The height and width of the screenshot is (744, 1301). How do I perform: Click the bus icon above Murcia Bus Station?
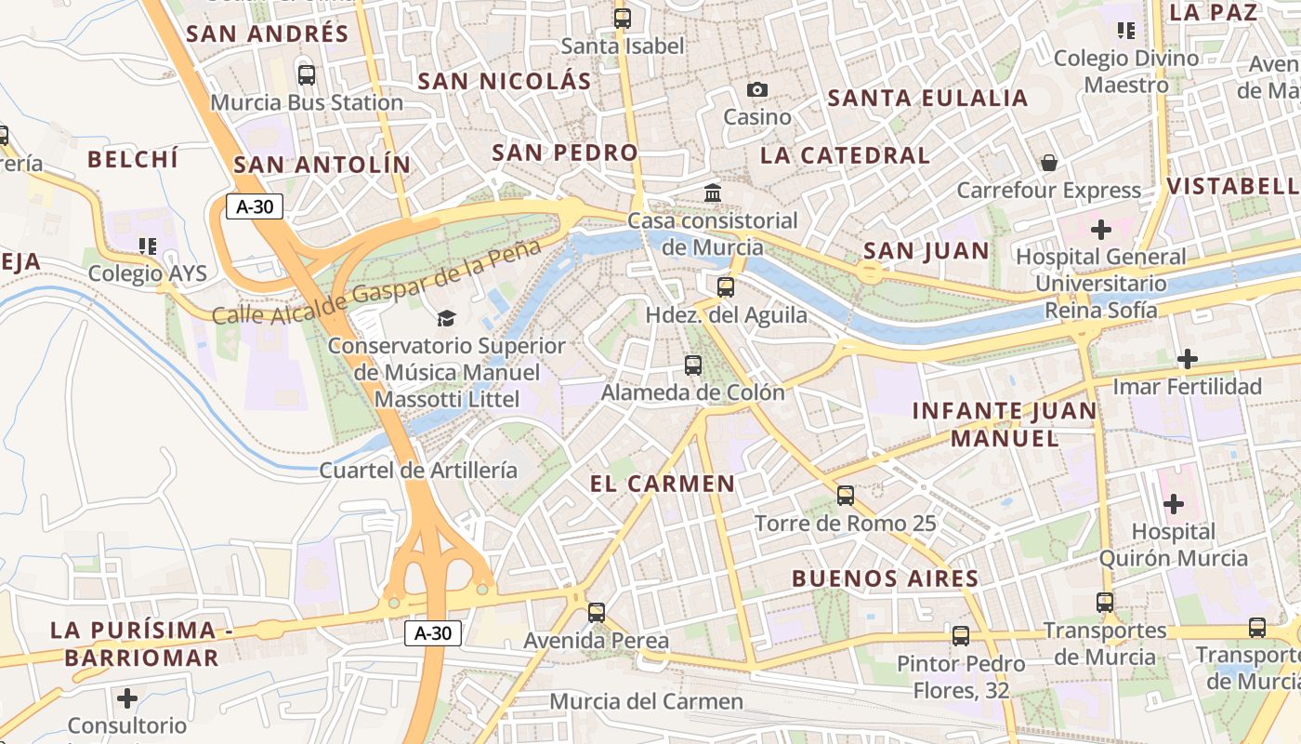306,75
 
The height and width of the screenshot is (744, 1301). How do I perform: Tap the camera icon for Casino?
757,89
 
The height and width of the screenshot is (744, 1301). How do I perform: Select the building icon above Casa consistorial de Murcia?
713,193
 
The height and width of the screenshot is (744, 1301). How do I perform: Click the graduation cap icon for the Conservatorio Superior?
447,318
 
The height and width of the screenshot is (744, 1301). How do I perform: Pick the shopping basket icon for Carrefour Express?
1049,163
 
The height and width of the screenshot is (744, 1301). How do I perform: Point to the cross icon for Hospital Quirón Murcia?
1173,504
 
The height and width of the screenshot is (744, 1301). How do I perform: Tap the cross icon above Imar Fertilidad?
1187,358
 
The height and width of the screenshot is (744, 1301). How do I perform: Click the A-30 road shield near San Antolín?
255,206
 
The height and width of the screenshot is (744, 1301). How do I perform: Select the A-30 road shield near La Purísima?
433,633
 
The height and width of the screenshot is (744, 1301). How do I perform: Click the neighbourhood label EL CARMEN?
663,484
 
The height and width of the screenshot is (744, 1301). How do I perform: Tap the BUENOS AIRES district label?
885,578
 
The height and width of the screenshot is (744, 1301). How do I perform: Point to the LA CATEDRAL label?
845,155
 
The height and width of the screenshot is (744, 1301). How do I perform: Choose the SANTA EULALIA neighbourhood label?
927,98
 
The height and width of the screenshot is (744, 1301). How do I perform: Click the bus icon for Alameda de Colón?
693,365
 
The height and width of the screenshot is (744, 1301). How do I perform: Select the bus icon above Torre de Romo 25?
845,496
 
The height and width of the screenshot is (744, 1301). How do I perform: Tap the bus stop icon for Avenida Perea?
597,613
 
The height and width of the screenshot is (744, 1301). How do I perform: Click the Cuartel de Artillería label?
418,470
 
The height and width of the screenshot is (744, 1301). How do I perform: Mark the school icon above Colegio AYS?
147,246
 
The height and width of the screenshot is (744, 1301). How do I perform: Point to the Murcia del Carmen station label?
647,701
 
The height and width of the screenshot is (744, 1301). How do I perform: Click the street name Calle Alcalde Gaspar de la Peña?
376,283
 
